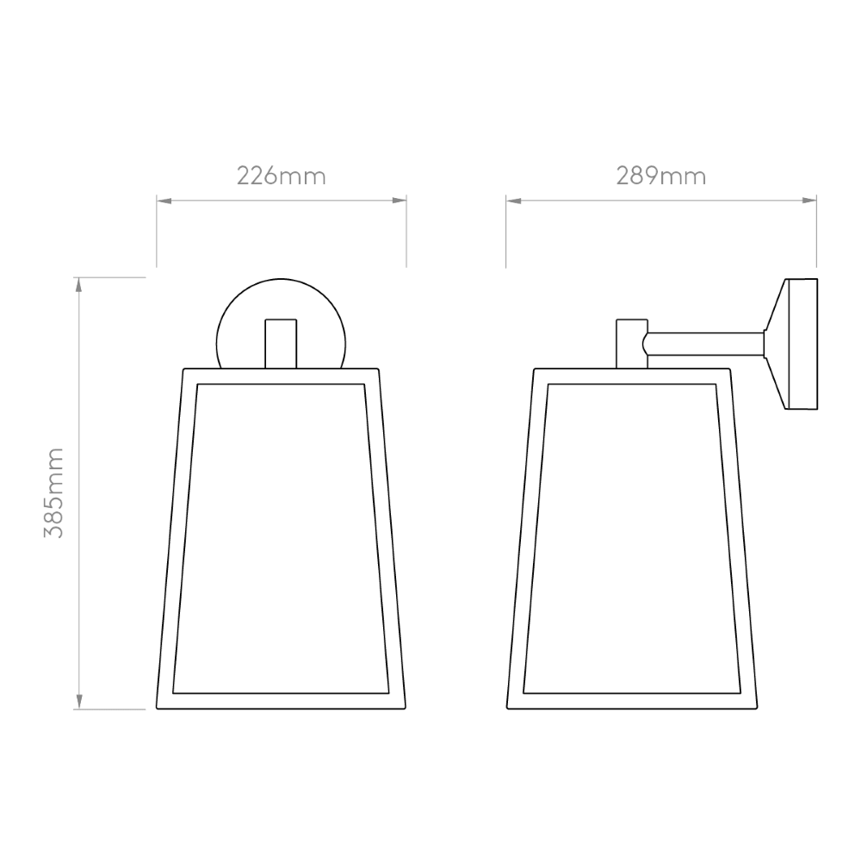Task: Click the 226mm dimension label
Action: pyautogui.click(x=282, y=177)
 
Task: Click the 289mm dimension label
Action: pyautogui.click(x=660, y=177)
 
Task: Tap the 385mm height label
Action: pyautogui.click(x=53, y=492)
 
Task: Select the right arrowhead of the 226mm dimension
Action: pyautogui.click(x=400, y=201)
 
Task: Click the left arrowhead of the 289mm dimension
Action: pyautogui.click(x=513, y=201)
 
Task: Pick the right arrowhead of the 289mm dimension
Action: pyautogui.click(x=809, y=201)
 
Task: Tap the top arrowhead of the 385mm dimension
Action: pyautogui.click(x=79, y=285)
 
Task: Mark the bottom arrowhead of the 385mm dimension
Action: pyautogui.click(x=79, y=702)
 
